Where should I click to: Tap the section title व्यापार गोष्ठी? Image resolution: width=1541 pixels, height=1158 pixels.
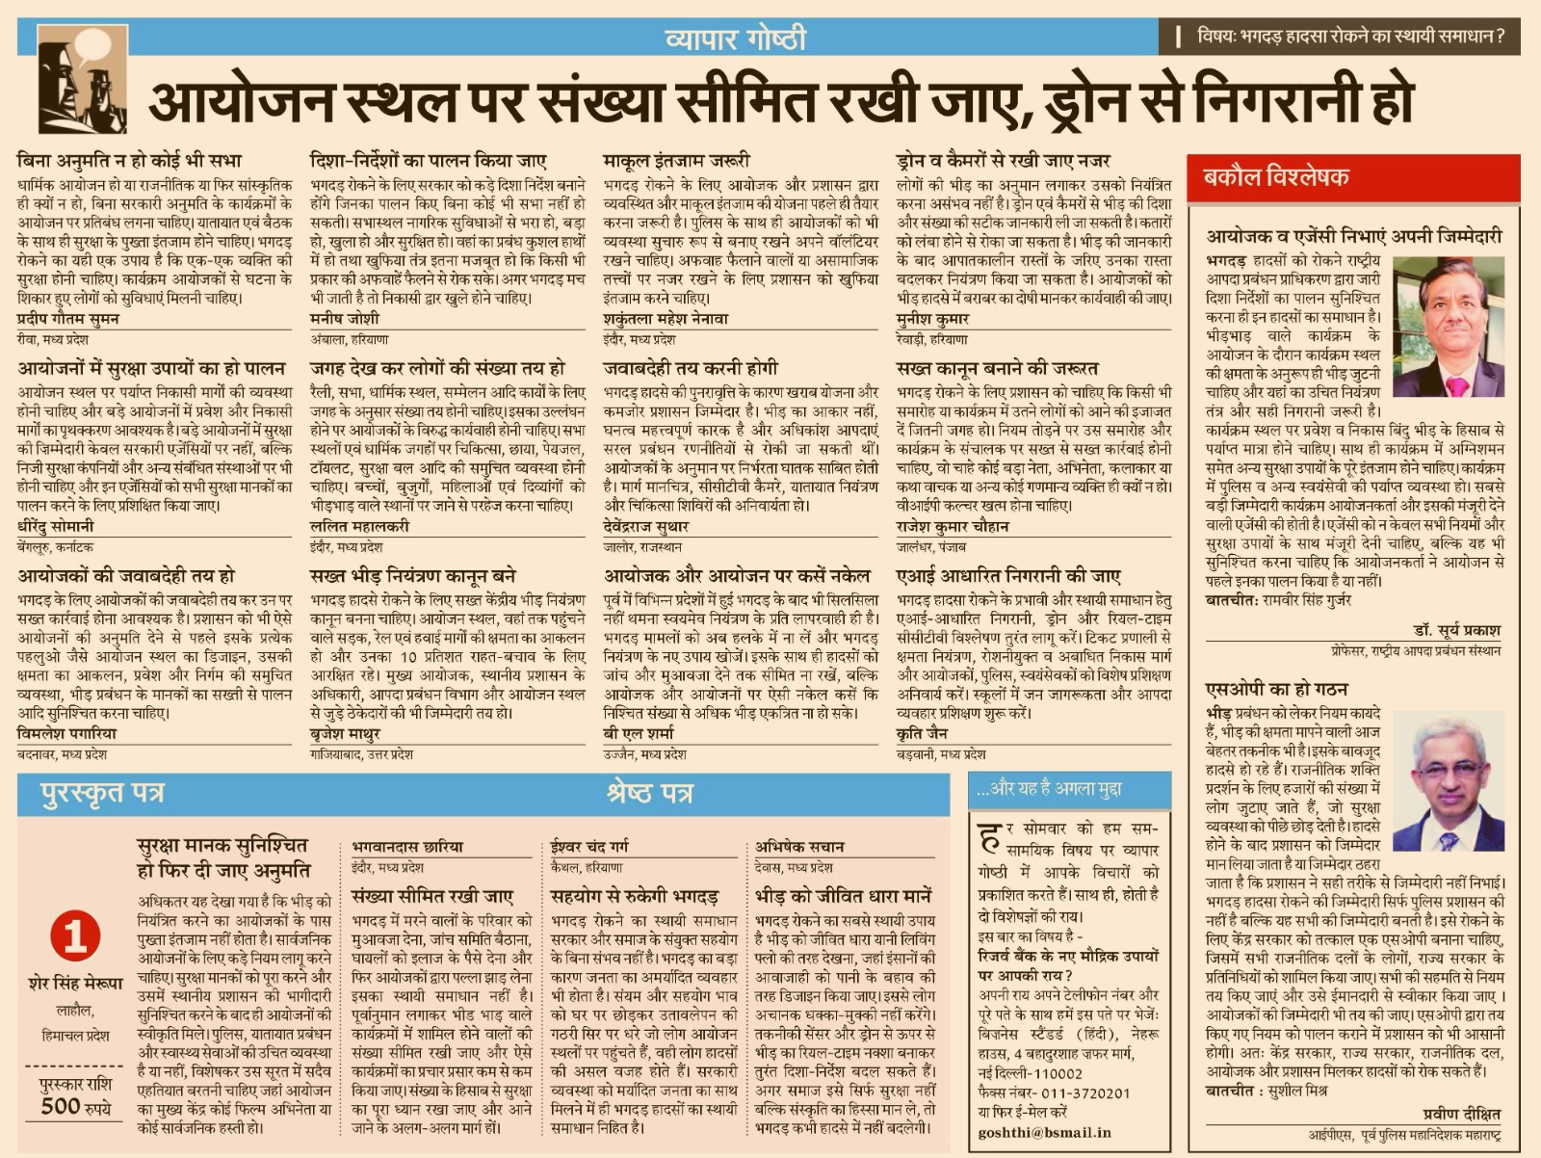[x=735, y=39]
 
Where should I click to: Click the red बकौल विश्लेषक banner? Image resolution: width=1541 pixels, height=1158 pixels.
[x=1276, y=177]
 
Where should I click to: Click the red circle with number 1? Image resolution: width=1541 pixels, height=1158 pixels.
[x=75, y=934]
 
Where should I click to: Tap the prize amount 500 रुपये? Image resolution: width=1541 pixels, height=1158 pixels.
[x=75, y=1106]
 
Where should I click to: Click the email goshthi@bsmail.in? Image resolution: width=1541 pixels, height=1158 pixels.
[x=1044, y=1133]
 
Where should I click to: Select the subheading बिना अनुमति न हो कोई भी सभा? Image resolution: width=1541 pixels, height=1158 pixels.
[x=129, y=161]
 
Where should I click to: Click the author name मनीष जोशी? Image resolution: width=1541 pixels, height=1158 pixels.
[x=345, y=319]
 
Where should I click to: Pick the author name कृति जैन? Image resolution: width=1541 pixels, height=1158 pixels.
[x=921, y=734]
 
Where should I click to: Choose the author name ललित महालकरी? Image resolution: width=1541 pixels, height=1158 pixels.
[x=359, y=526]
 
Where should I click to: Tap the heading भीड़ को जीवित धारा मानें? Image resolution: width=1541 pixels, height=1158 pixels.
[x=843, y=895]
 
